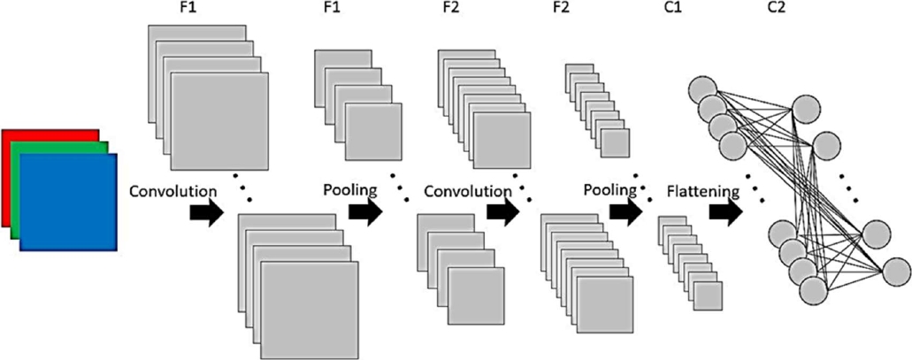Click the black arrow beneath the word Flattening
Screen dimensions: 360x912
click(724, 213)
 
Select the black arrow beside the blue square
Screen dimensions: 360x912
click(206, 214)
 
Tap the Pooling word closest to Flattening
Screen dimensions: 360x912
click(609, 189)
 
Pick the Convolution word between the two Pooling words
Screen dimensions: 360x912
click(468, 190)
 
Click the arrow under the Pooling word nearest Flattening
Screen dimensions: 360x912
click(625, 213)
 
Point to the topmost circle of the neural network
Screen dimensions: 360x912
click(703, 90)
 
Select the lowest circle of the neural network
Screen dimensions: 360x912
click(813, 290)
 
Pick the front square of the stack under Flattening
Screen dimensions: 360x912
click(709, 295)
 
